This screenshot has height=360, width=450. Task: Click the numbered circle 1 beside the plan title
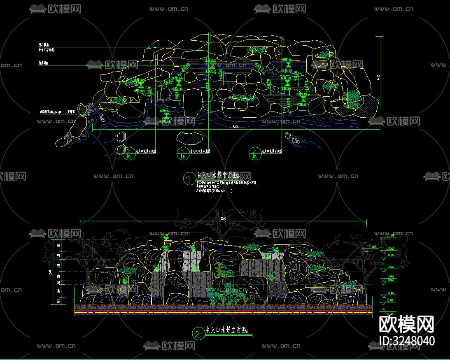[189, 179]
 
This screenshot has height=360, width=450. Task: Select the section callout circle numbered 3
[129, 153]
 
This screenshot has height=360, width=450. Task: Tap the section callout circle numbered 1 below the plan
[182, 153]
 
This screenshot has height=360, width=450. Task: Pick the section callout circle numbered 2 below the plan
[254, 153]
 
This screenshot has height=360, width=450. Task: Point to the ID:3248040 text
[406, 341]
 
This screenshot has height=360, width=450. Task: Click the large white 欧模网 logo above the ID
[406, 325]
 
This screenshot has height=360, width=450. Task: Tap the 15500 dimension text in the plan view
[235, 127]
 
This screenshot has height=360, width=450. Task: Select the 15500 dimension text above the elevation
[224, 218]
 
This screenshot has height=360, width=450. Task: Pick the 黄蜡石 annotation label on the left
[70, 111]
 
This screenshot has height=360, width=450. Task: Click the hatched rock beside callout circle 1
[187, 137]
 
